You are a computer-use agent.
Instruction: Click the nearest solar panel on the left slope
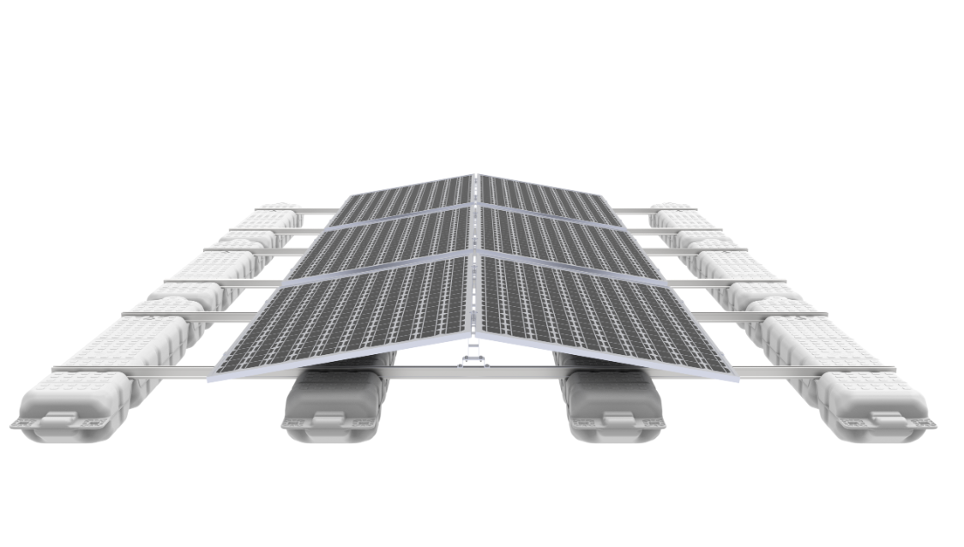point(352,313)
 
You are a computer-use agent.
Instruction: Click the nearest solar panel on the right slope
point(600,313)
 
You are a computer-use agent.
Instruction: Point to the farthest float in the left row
point(279,209)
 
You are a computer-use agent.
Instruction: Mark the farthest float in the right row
point(672,209)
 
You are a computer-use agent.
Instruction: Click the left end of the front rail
point(57,370)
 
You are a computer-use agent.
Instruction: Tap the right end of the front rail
point(892,370)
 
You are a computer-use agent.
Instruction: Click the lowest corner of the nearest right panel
point(735,377)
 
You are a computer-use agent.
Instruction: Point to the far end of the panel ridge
point(474,176)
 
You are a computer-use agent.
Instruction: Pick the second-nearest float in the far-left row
point(129,339)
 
